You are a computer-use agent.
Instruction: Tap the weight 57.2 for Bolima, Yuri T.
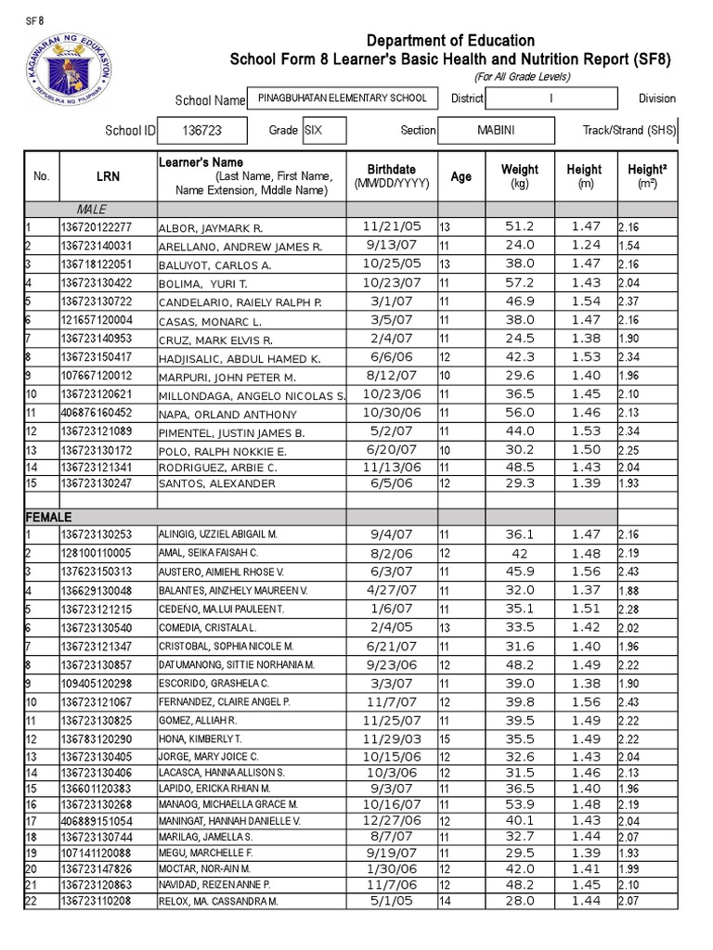pos(519,282)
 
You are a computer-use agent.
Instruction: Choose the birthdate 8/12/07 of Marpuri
pos(392,375)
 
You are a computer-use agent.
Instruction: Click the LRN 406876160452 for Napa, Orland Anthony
pos(97,412)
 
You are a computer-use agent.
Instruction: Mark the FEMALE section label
pos(49,516)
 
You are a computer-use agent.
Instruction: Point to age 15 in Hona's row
pos(445,738)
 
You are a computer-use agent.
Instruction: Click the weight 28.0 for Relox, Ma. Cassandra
pos(519,901)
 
